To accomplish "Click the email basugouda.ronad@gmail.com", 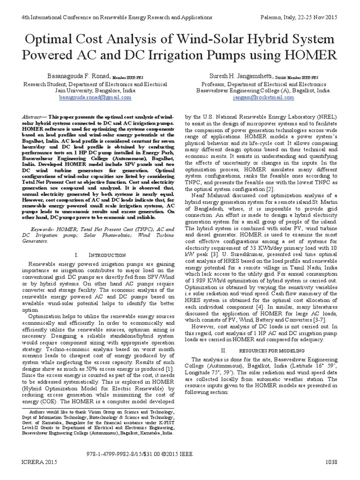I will click(x=89, y=97).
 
